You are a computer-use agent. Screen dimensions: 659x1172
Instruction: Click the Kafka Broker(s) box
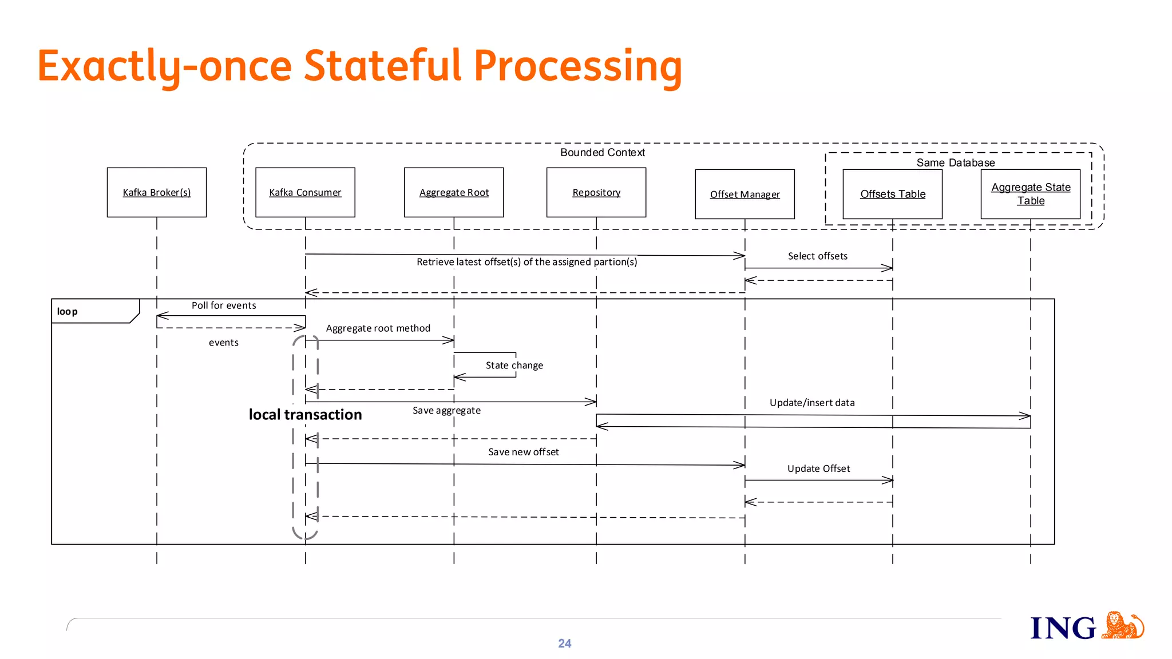[x=156, y=192]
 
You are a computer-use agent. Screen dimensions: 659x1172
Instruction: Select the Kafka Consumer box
[x=305, y=192]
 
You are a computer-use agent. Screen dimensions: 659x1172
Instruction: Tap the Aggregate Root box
[x=454, y=192]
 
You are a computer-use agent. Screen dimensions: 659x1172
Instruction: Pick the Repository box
[x=596, y=192]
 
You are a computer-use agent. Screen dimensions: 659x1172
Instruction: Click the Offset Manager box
[x=745, y=194]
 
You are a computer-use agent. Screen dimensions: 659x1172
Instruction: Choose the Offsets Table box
[x=892, y=194]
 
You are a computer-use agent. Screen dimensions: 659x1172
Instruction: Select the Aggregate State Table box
[x=1030, y=194]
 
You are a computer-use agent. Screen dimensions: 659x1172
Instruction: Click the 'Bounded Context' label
[x=602, y=153]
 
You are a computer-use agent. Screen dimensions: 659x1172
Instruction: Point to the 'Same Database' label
[x=955, y=162]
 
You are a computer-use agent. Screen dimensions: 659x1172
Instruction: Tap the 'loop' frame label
[x=67, y=312]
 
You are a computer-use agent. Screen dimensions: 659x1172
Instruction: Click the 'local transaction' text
[x=305, y=415]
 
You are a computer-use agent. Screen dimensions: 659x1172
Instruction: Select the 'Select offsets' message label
[x=817, y=256]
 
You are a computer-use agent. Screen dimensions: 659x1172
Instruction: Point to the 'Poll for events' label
[x=224, y=305]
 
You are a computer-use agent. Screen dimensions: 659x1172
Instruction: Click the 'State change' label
[x=514, y=366]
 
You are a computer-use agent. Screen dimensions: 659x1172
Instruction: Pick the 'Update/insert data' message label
[x=811, y=403]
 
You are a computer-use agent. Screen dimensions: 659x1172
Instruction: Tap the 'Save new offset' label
[x=523, y=452]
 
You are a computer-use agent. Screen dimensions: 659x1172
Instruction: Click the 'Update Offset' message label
[x=818, y=469]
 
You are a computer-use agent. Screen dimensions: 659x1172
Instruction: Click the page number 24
[x=564, y=644]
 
